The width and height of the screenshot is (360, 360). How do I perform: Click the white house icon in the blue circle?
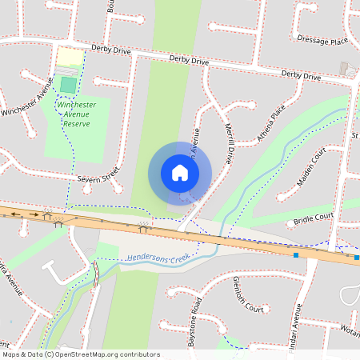(x=180, y=172)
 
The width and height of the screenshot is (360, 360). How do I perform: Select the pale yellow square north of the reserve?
(x=69, y=58)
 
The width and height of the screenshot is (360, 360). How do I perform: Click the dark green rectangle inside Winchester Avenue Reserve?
(x=69, y=84)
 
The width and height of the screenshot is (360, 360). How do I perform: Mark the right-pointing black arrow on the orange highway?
(x=34, y=214)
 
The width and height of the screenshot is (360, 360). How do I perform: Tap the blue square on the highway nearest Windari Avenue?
(x=296, y=254)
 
